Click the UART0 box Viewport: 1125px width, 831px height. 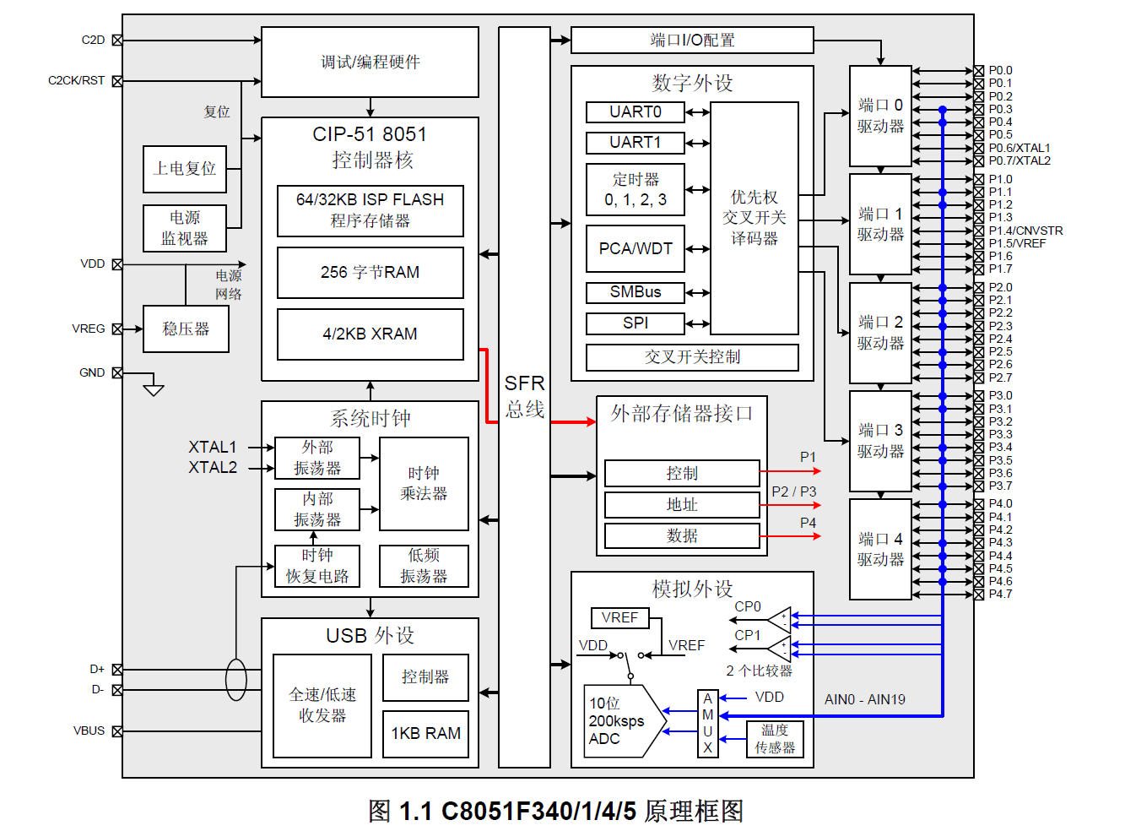point(635,111)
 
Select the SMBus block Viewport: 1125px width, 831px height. point(635,292)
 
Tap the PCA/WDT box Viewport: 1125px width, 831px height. point(635,248)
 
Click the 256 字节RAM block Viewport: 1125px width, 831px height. point(370,272)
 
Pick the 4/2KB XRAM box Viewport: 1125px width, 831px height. point(370,334)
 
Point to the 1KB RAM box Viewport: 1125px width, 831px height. point(425,733)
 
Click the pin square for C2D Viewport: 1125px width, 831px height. point(117,40)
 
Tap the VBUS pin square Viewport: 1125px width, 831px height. point(117,731)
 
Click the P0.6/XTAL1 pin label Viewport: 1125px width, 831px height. point(1019,148)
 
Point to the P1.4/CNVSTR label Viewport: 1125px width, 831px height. point(1025,231)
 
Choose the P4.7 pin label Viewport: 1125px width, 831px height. point(1000,594)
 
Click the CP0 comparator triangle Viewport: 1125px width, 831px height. point(780,620)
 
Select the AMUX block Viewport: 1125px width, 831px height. point(707,723)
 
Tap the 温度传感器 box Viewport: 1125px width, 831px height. point(775,739)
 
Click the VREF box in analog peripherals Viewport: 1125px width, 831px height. point(619,617)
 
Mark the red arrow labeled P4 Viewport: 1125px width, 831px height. point(790,536)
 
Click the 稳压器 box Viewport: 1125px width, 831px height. point(186,329)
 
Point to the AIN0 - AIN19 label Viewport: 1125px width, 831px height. point(864,699)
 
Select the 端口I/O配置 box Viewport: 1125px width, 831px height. point(692,40)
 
